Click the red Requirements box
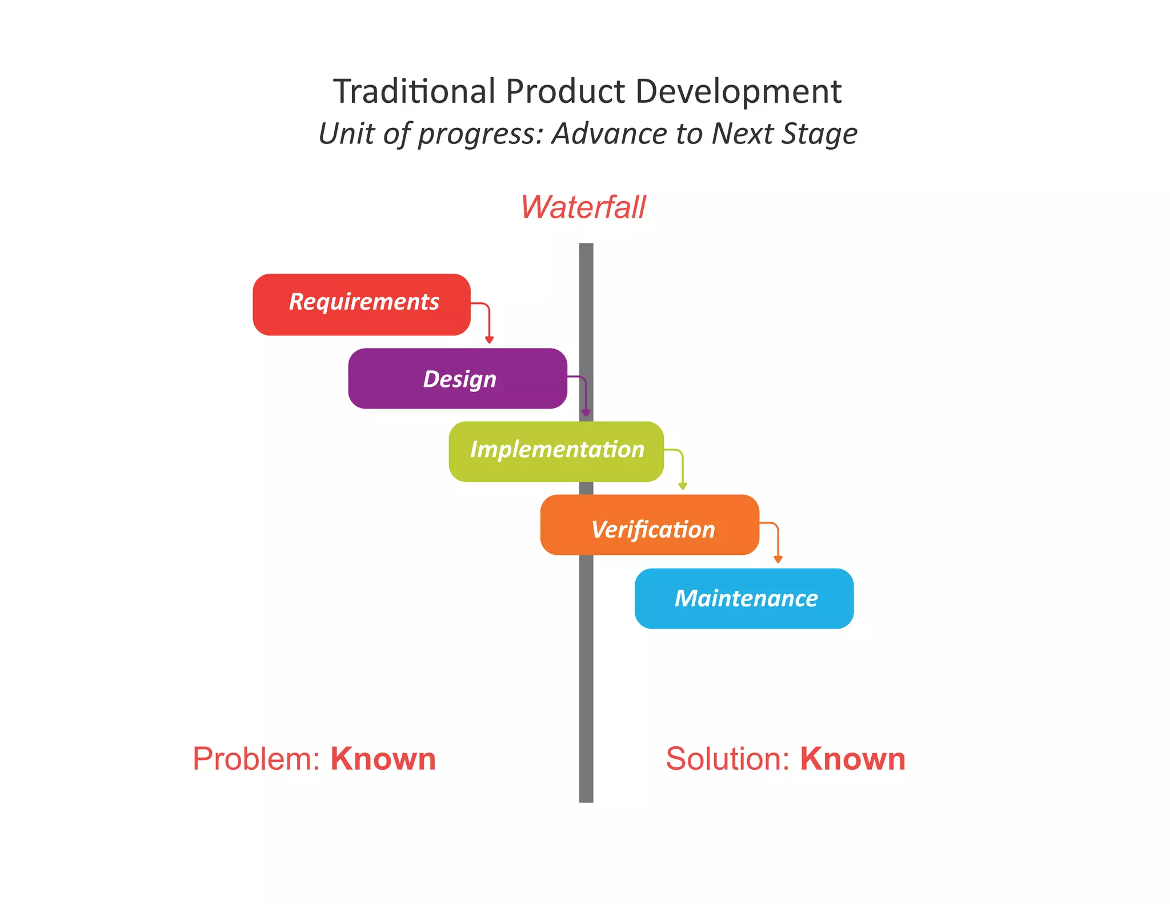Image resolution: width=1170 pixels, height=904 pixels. tap(361, 304)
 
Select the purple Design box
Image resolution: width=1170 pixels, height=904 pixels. tap(457, 378)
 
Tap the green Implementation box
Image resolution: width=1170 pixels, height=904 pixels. tap(556, 451)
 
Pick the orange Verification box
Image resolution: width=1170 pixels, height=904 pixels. tap(650, 525)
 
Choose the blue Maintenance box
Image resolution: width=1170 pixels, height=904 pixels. tap(744, 598)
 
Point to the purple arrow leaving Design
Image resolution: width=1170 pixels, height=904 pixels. tap(585, 395)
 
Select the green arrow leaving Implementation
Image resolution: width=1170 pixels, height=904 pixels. tap(682, 469)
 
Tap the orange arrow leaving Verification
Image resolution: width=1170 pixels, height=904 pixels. tap(777, 542)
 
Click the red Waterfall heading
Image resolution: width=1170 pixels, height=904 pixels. tap(583, 207)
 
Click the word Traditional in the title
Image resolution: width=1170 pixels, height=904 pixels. tap(414, 91)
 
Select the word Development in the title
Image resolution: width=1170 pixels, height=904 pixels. tap(738, 91)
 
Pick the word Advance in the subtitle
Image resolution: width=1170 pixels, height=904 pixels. tap(609, 134)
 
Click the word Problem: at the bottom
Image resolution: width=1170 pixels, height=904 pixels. tap(257, 759)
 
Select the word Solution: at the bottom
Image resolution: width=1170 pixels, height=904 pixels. tap(727, 759)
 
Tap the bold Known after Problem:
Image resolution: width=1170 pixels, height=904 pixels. tap(383, 759)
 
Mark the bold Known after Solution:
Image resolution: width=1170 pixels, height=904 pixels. tap(852, 759)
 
